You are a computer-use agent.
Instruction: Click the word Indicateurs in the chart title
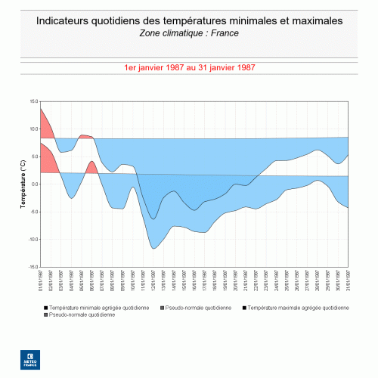click(x=66, y=20)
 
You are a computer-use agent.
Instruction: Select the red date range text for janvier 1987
click(x=189, y=67)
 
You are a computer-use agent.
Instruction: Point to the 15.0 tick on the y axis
click(x=33, y=101)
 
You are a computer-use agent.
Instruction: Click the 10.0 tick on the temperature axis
click(x=33, y=129)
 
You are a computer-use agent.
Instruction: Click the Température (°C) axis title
click(x=23, y=184)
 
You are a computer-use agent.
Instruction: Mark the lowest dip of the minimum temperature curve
click(x=153, y=248)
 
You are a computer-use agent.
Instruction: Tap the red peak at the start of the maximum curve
click(x=41, y=109)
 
